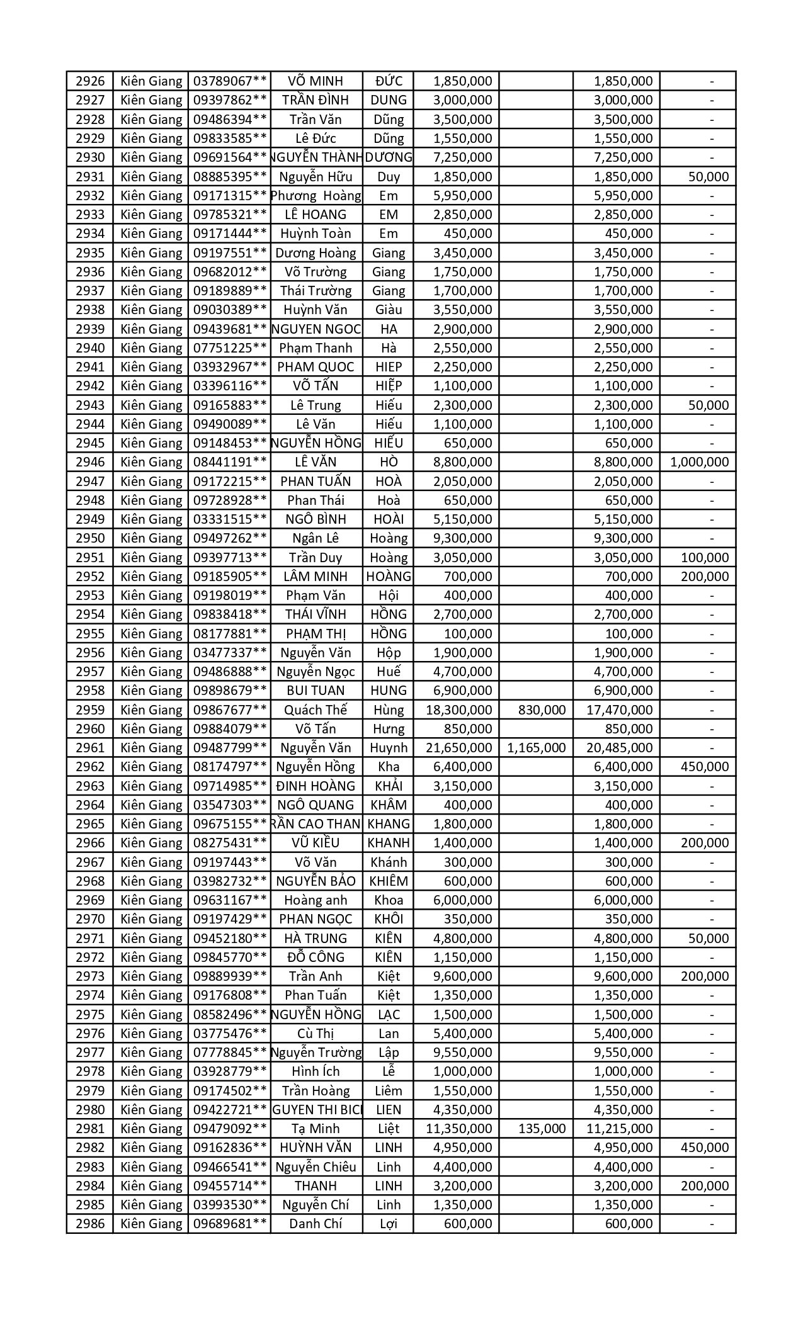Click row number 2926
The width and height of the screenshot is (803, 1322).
pyautogui.click(x=89, y=81)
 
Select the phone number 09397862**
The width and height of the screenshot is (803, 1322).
pyautogui.click(x=229, y=100)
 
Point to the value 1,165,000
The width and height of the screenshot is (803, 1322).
pyautogui.click(x=536, y=748)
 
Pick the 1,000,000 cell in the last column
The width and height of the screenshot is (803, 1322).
pyautogui.click(x=699, y=462)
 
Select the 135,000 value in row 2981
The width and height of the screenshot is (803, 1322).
pyautogui.click(x=542, y=1129)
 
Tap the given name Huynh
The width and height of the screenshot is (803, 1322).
pyautogui.click(x=388, y=748)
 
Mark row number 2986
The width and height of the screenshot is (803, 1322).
pyautogui.click(x=89, y=1224)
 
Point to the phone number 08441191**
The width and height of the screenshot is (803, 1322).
pyautogui.click(x=229, y=462)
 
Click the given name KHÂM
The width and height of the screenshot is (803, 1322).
pyautogui.click(x=388, y=805)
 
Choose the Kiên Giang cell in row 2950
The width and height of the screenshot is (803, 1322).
pyautogui.click(x=151, y=538)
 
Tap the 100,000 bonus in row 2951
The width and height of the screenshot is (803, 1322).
pyautogui.click(x=705, y=557)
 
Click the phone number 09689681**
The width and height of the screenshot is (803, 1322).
pyautogui.click(x=229, y=1224)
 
